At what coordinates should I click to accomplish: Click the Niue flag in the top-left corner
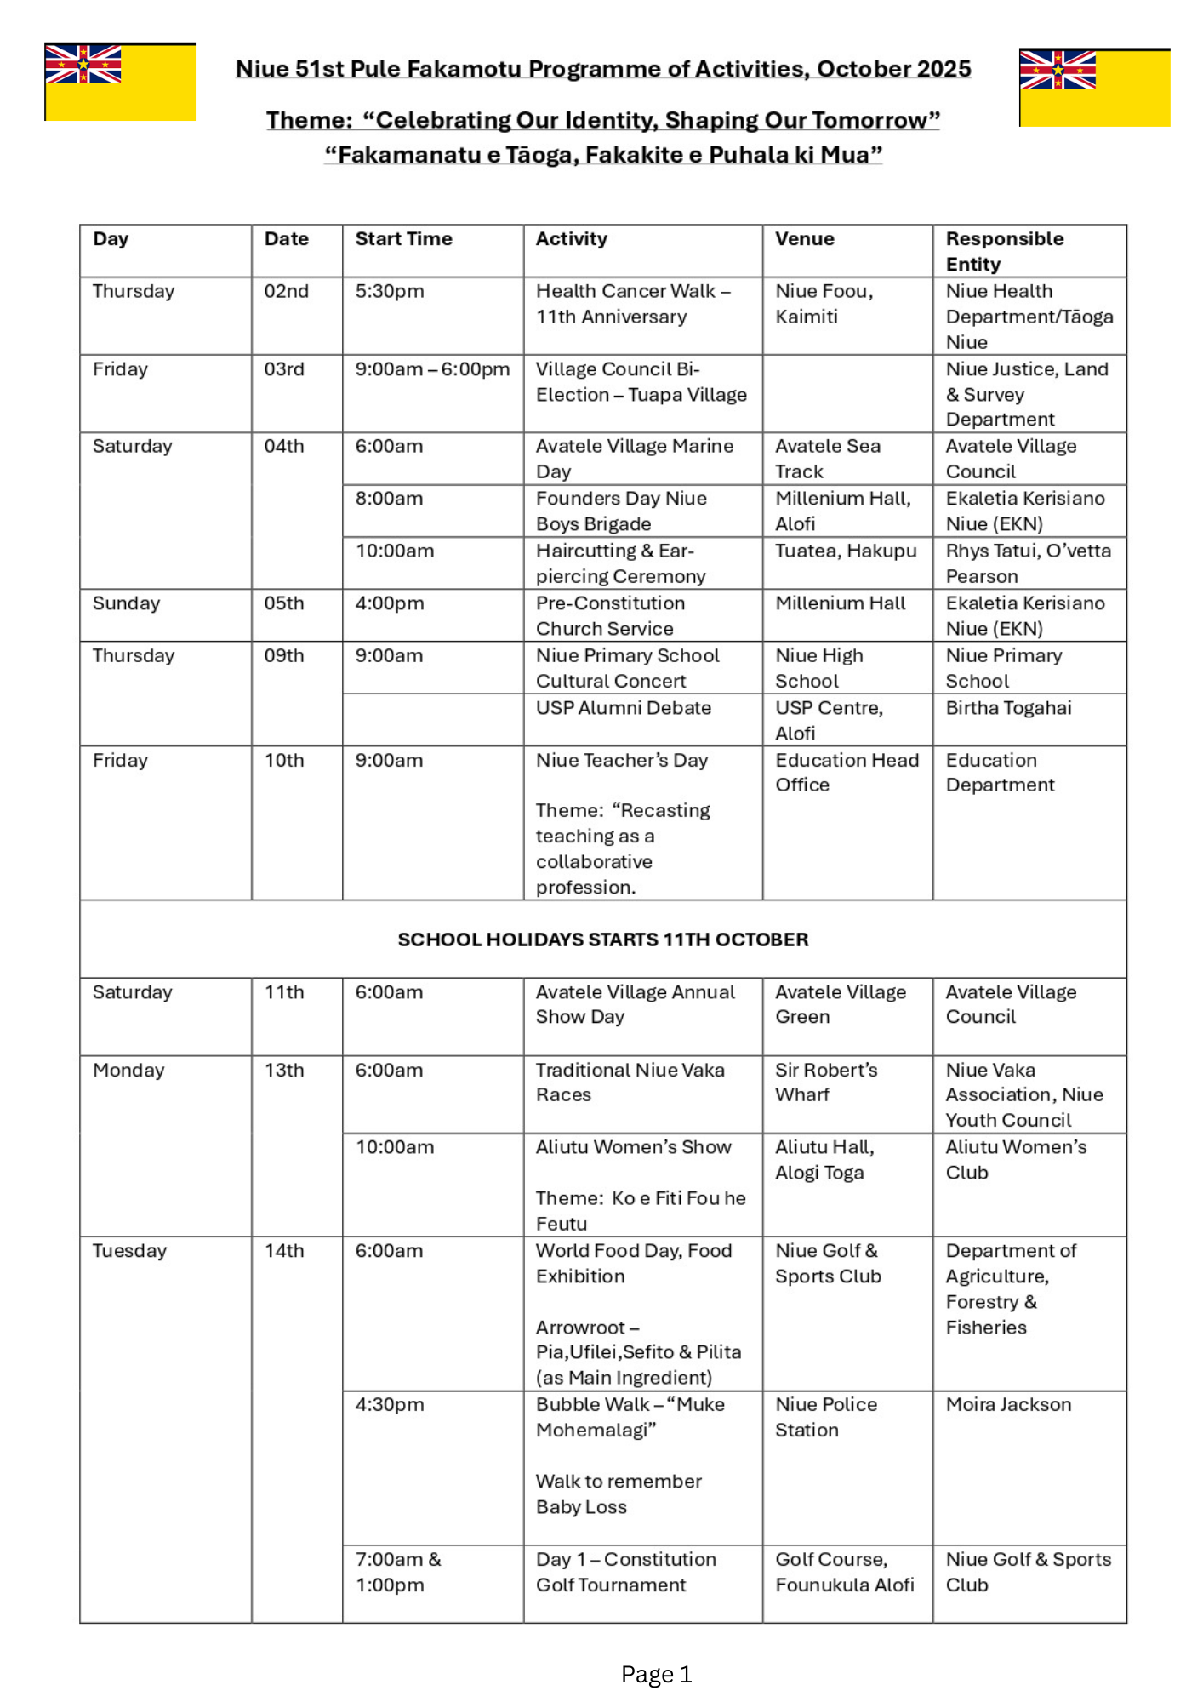pyautogui.click(x=120, y=82)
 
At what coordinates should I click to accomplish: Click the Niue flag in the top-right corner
pyautogui.click(x=1094, y=88)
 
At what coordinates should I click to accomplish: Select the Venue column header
pyautogui.click(x=804, y=239)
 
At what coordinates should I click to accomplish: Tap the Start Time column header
pyautogui.click(x=403, y=239)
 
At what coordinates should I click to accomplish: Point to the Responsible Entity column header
pyautogui.click(x=1004, y=251)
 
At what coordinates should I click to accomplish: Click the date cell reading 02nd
pyautogui.click(x=286, y=291)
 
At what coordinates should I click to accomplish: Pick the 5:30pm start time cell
pyautogui.click(x=389, y=291)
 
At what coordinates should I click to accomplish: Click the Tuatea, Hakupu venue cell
pyautogui.click(x=846, y=551)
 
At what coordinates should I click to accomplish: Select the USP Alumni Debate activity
pyautogui.click(x=623, y=708)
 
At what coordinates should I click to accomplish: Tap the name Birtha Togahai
pyautogui.click(x=1008, y=708)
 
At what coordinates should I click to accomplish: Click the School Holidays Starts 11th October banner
pyautogui.click(x=602, y=940)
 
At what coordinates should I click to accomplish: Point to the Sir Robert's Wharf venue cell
pyautogui.click(x=825, y=1082)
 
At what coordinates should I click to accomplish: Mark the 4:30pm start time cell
pyautogui.click(x=389, y=1405)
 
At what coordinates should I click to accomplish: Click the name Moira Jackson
pyautogui.click(x=1008, y=1405)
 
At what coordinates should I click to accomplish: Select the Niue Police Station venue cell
pyautogui.click(x=825, y=1418)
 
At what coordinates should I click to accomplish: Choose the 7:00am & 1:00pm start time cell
pyautogui.click(x=397, y=1572)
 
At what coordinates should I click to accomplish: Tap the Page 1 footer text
pyautogui.click(x=656, y=1675)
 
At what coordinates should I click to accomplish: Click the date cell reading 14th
pyautogui.click(x=284, y=1251)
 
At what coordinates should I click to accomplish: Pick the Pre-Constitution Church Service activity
pyautogui.click(x=610, y=616)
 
